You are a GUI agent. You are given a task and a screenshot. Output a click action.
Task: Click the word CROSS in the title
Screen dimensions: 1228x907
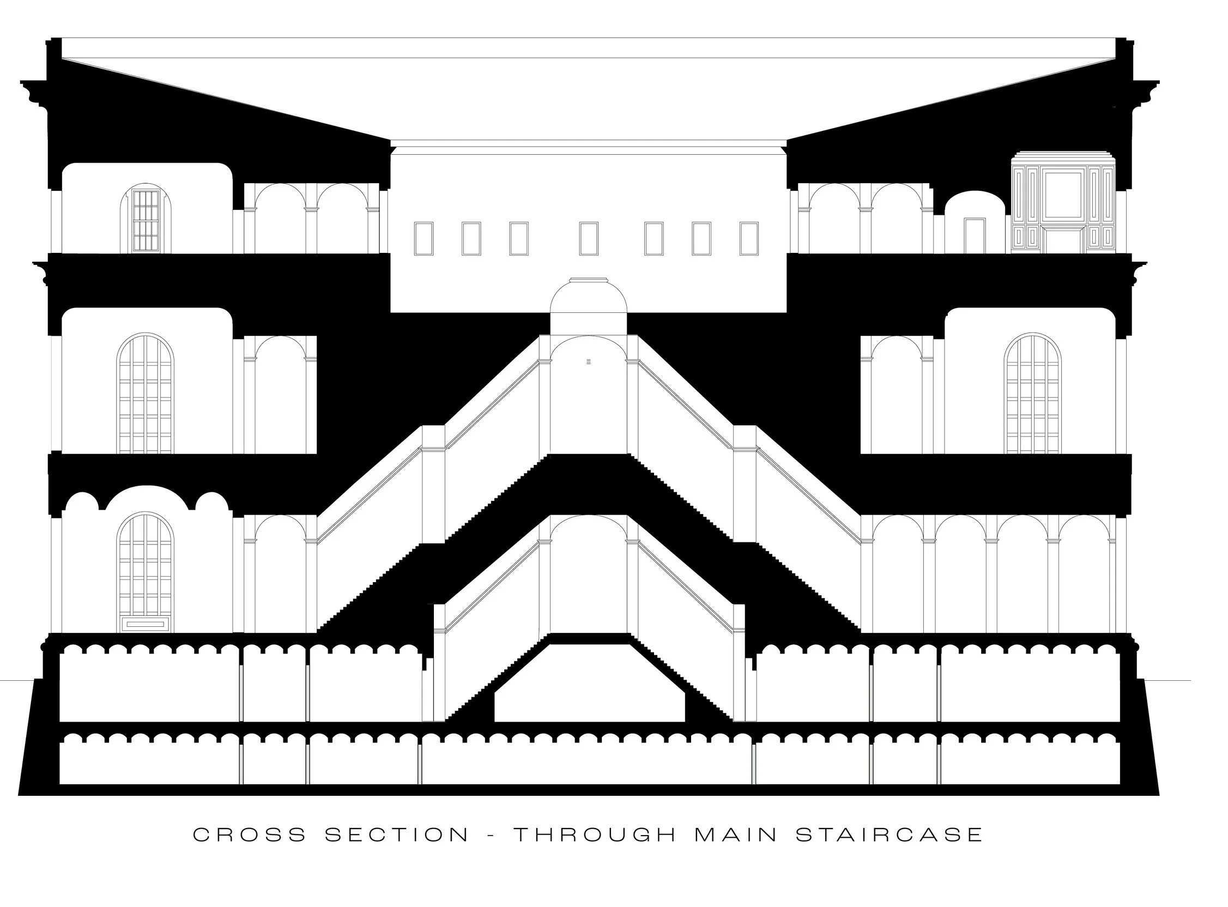[x=249, y=835]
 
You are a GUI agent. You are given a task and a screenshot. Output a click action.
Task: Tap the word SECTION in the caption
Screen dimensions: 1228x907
[x=397, y=835]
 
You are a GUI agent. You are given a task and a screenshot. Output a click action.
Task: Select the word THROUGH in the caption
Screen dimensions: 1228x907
[x=595, y=835]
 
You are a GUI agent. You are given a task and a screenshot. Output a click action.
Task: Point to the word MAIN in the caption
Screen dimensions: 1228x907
[x=736, y=835]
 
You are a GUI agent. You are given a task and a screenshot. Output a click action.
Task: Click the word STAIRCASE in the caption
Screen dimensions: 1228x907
[x=890, y=835]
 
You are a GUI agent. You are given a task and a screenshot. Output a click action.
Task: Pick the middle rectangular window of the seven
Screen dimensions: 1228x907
[x=589, y=239]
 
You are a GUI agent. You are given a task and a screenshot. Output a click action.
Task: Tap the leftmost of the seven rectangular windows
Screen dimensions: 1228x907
[x=424, y=239]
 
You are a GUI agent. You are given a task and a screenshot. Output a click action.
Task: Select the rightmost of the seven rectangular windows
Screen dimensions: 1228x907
[x=749, y=239]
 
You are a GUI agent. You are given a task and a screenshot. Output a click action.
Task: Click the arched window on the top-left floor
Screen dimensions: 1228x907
[x=146, y=220]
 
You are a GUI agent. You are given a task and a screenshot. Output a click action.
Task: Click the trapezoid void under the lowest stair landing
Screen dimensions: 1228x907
[x=590, y=686]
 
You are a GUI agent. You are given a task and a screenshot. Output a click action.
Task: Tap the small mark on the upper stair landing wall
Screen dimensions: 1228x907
[x=589, y=362]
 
